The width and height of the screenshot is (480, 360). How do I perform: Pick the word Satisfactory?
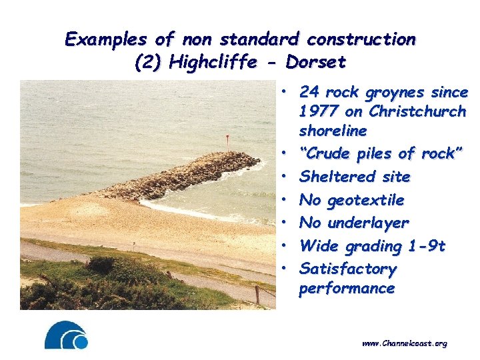click(x=348, y=269)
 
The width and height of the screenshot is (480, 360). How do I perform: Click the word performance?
click(x=347, y=289)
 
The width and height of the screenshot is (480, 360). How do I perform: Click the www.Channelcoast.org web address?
click(x=404, y=343)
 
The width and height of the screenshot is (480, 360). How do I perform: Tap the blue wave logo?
click(x=66, y=335)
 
